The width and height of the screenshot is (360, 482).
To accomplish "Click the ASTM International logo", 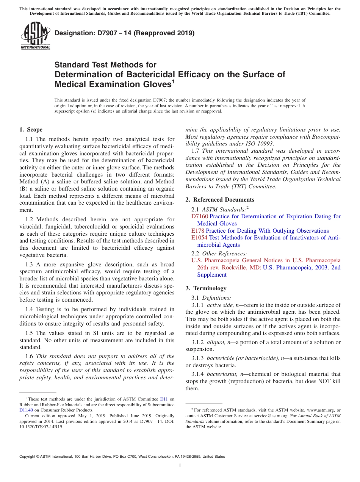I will click(35, 36).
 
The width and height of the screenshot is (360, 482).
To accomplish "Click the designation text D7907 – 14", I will click(124, 33).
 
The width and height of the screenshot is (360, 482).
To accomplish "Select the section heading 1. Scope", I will click(31, 130).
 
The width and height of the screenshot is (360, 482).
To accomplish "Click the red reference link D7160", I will click(200, 216).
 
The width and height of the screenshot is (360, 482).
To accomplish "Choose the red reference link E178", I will click(198, 231).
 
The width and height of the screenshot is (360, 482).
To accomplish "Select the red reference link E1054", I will click(199, 238).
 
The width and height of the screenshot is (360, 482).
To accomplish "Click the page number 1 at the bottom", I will click(180, 466).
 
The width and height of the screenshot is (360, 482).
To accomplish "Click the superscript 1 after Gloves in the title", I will click(173, 80).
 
